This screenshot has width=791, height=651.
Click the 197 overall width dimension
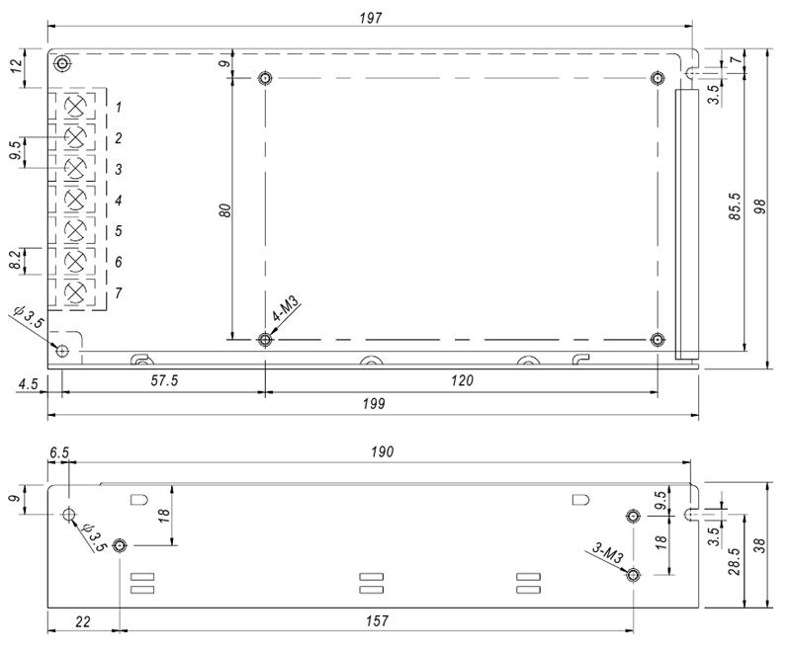371,18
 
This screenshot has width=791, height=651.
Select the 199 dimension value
374,404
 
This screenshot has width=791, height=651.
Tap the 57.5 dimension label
164,380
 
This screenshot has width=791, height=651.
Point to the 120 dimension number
462,380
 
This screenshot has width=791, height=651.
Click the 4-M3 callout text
286,309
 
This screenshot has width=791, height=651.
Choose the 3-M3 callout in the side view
608,553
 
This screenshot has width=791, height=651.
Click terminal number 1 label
118,108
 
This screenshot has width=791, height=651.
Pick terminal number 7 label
118,292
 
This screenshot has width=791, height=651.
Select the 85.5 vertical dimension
735,206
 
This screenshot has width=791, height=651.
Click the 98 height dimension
759,206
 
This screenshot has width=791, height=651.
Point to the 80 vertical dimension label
225,210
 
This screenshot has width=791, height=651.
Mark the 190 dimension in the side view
382,452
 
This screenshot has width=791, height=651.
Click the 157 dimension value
377,620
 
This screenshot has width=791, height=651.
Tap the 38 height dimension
759,545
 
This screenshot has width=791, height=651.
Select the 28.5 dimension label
735,561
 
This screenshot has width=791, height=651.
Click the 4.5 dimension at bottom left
29,384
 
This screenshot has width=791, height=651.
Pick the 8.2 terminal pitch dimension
16,260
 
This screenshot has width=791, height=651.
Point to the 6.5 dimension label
59,452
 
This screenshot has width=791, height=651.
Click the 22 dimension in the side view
83,621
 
